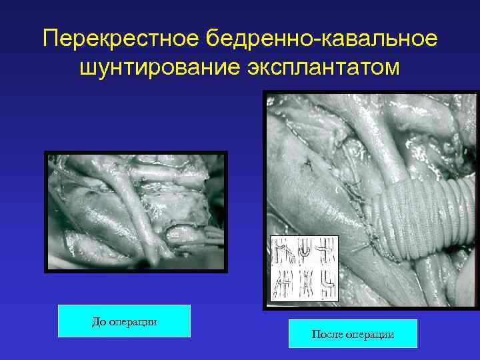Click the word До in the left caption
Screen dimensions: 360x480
click(99, 322)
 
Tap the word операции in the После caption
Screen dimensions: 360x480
click(368, 334)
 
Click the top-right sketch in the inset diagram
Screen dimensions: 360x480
click(327, 253)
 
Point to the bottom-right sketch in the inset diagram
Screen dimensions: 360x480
click(327, 285)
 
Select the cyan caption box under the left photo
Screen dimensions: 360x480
click(124, 321)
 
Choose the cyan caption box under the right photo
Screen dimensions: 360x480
click(353, 333)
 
